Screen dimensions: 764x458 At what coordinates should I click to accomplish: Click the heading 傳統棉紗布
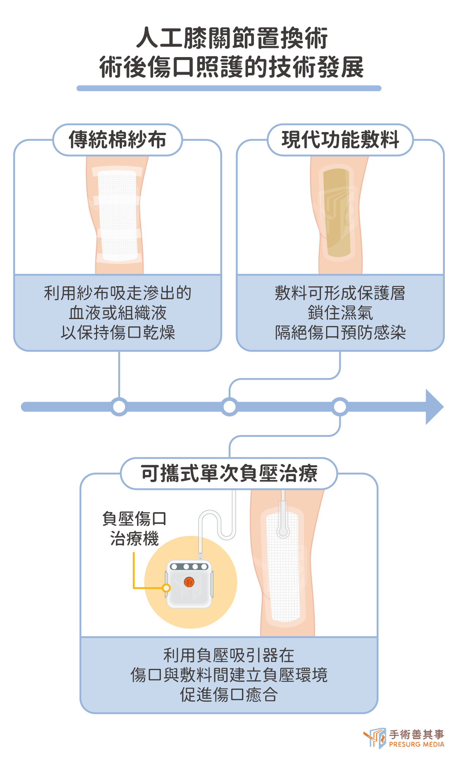(x=118, y=140)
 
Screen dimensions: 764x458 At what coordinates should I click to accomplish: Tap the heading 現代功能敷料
(x=340, y=140)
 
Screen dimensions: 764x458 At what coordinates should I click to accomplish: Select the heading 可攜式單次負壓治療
(x=229, y=473)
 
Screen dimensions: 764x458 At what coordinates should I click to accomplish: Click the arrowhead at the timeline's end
(x=434, y=407)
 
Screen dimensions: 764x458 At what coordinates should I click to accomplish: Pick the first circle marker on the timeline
(x=119, y=407)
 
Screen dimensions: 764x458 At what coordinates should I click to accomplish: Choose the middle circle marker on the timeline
(x=229, y=407)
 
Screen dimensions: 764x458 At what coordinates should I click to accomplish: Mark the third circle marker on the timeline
(x=340, y=407)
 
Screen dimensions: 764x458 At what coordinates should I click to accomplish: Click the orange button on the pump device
(x=189, y=582)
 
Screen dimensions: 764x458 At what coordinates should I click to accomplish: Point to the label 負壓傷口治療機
(x=134, y=529)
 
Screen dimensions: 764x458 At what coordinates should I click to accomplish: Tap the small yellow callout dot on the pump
(x=166, y=588)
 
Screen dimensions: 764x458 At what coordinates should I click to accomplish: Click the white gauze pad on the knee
(x=118, y=216)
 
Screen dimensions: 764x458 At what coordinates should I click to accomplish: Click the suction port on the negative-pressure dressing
(x=283, y=531)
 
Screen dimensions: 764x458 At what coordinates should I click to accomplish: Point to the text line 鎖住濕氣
(x=340, y=313)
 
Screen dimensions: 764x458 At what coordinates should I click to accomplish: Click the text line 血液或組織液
(x=118, y=313)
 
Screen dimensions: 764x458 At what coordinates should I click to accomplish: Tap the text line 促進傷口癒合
(x=229, y=694)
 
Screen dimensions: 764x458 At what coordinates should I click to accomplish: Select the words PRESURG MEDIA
(x=417, y=744)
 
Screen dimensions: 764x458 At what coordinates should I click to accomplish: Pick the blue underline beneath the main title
(x=229, y=88)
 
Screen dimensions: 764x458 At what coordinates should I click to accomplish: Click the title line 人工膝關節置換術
(x=232, y=38)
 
